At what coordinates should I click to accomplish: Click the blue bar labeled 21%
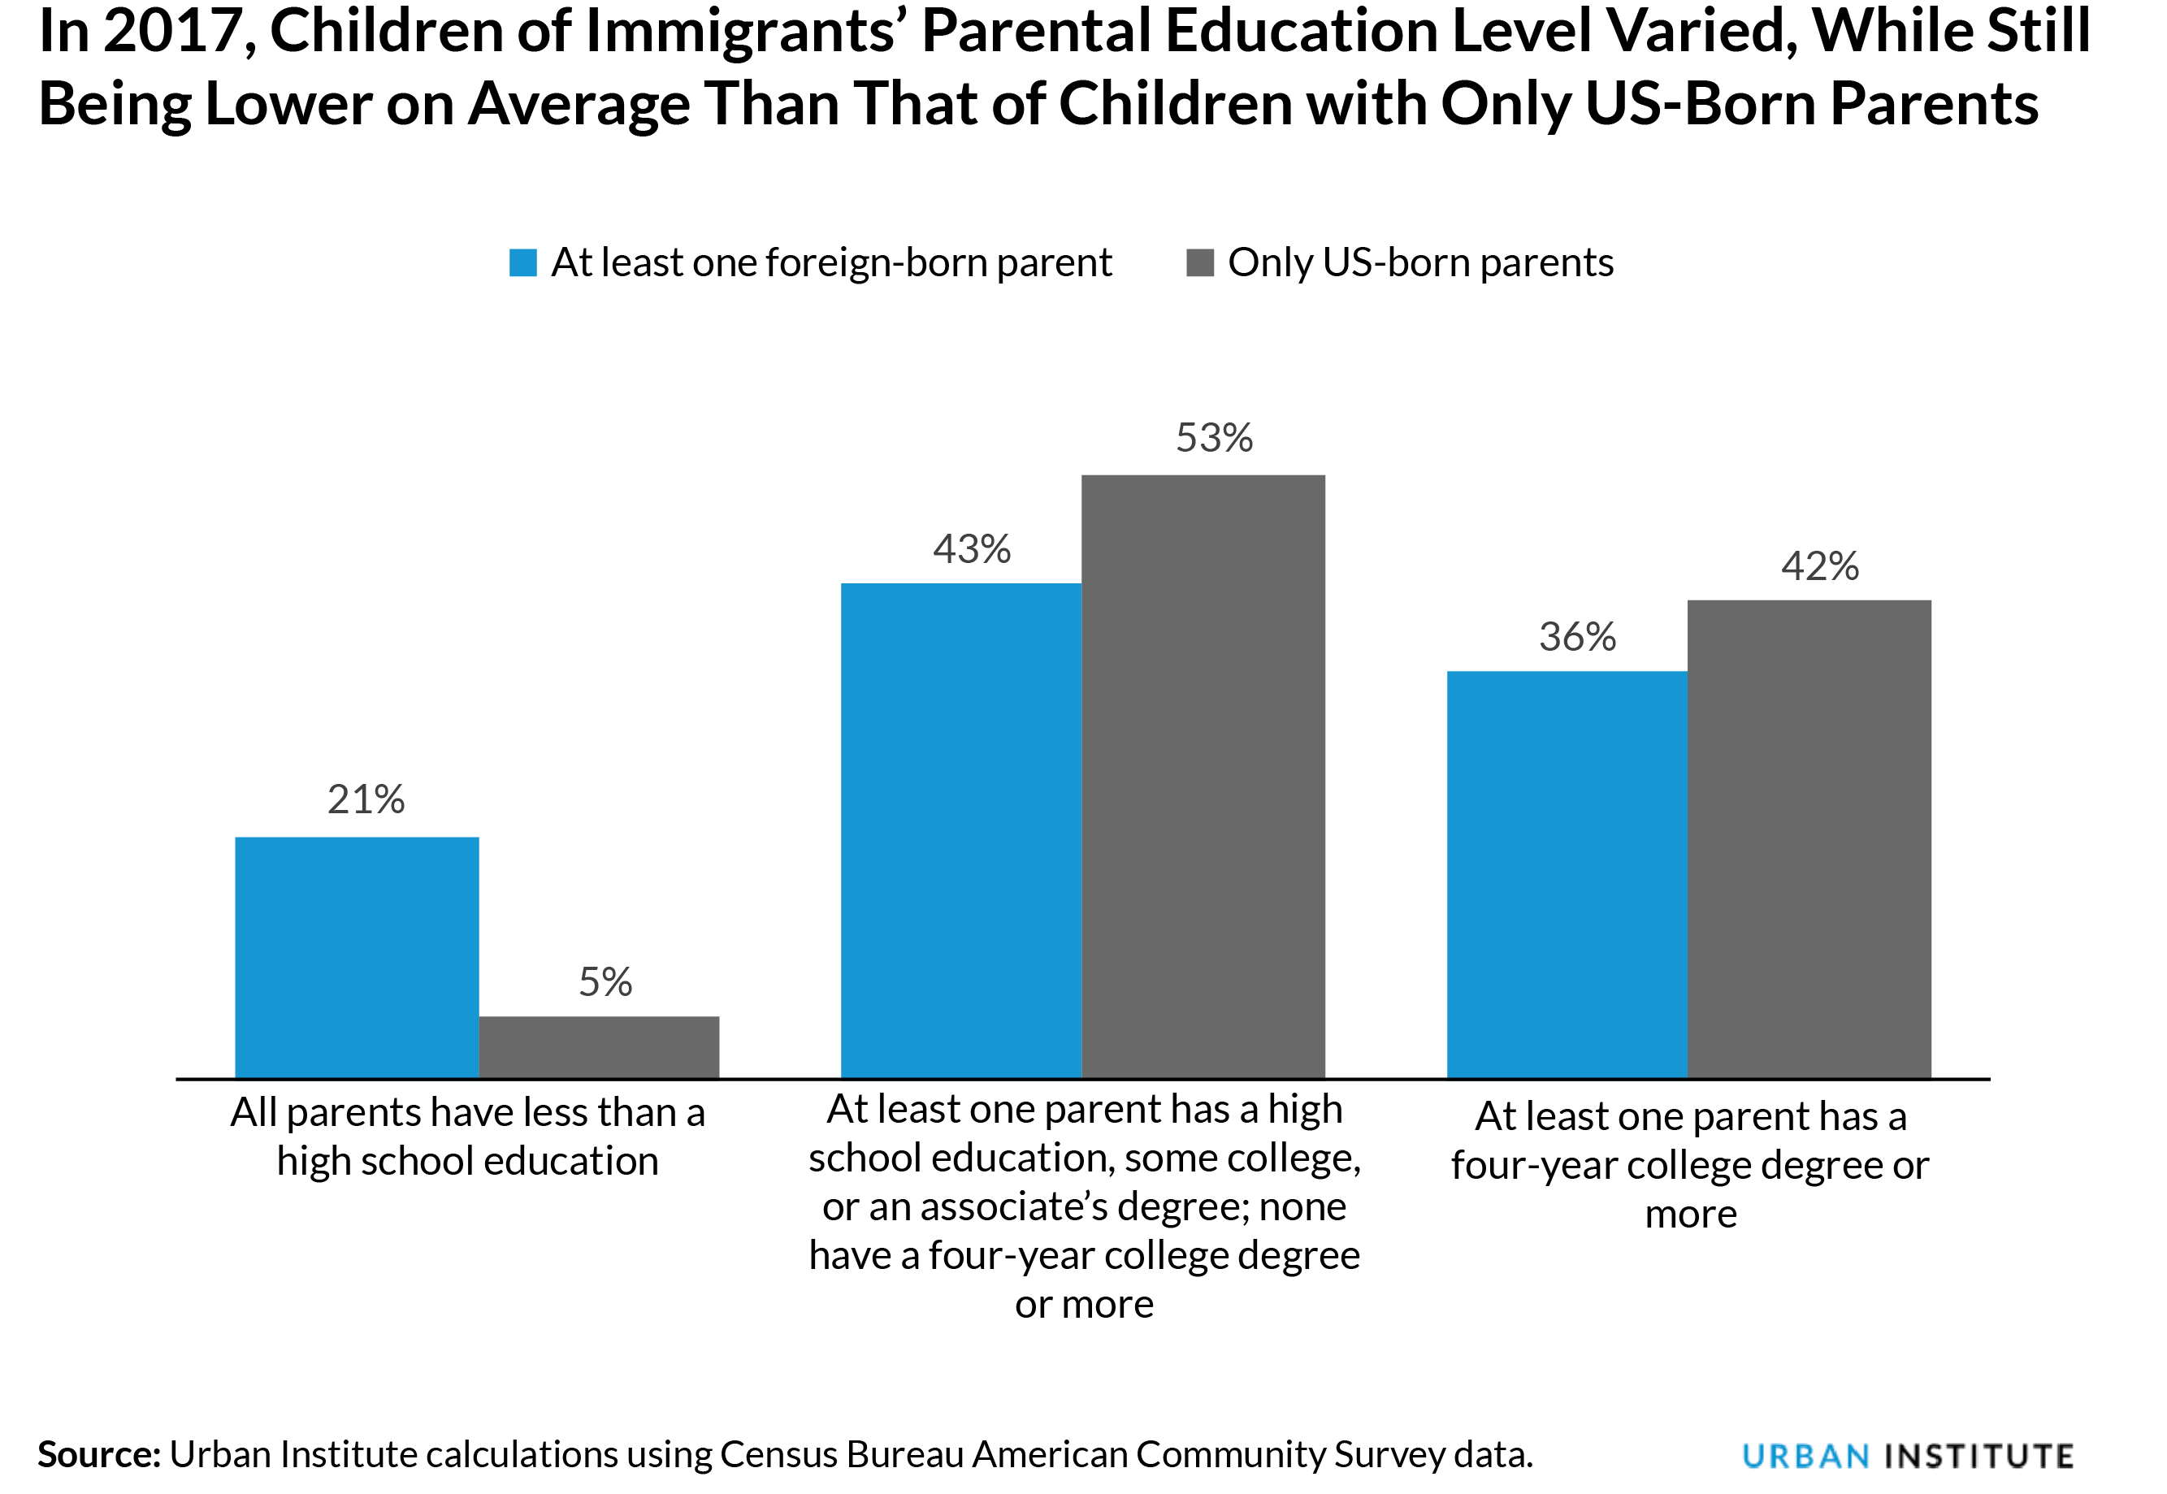click(357, 957)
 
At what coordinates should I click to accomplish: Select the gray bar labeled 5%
click(599, 1046)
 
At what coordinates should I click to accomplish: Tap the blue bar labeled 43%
click(960, 830)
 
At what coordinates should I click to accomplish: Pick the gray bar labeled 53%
click(1203, 776)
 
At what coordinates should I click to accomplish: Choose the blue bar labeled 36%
click(1567, 874)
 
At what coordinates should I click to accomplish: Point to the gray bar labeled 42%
click(1809, 838)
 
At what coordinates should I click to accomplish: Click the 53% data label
click(1214, 438)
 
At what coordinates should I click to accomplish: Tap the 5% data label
click(605, 982)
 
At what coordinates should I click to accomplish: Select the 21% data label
click(366, 799)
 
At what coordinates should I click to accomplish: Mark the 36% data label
click(1577, 638)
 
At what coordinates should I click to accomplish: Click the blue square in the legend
click(522, 263)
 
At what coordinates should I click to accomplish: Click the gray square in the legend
click(1199, 263)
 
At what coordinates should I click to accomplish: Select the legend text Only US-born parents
click(1420, 263)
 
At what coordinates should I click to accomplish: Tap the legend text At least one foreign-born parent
click(831, 263)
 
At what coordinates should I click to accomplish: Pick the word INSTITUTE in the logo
click(1978, 1457)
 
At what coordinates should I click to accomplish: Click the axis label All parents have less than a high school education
click(467, 1137)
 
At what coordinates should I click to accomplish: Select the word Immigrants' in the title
click(743, 32)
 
